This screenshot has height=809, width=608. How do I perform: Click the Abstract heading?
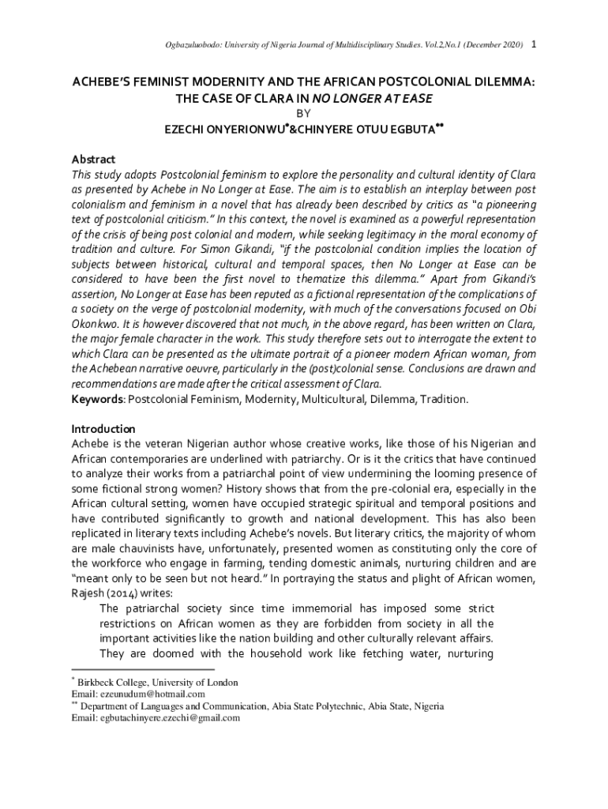click(93, 159)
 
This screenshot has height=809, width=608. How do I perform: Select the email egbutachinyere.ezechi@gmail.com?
click(168, 718)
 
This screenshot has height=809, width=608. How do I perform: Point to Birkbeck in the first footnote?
click(98, 683)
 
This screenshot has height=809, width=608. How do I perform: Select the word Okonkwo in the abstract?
click(96, 323)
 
